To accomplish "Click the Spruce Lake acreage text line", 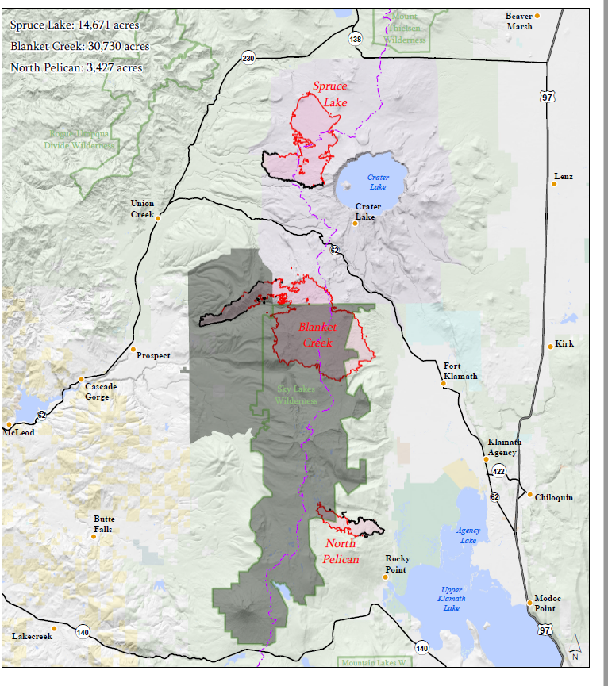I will click(75, 25).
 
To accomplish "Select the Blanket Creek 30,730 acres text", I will click(80, 46).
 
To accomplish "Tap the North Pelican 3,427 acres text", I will click(77, 67).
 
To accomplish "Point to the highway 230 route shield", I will click(249, 59).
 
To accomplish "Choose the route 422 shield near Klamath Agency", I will click(498, 470).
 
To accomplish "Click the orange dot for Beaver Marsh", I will click(537, 16).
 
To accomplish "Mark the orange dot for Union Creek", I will click(159, 218).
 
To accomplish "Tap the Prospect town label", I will click(153, 356).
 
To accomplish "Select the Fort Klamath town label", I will click(460, 370).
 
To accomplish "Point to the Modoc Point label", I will click(548, 603).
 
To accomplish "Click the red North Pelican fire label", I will click(341, 551).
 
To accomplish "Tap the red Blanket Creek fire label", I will click(317, 335).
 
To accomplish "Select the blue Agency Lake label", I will click(468, 535).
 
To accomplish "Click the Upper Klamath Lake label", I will click(451, 599).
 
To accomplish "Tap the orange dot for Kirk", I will click(551, 346).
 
